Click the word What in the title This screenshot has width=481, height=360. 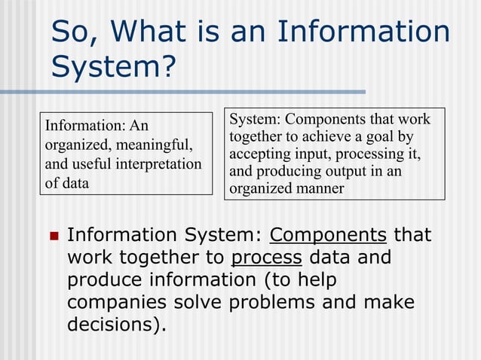[152, 32]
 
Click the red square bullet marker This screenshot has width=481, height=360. [53, 236]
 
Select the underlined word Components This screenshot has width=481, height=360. [328, 235]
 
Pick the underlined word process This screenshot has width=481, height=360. [266, 258]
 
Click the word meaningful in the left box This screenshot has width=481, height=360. [157, 144]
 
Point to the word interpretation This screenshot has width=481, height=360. [158, 163]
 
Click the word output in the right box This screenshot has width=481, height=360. [350, 171]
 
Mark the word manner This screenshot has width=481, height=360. [320, 188]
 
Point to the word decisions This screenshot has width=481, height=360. [114, 325]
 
